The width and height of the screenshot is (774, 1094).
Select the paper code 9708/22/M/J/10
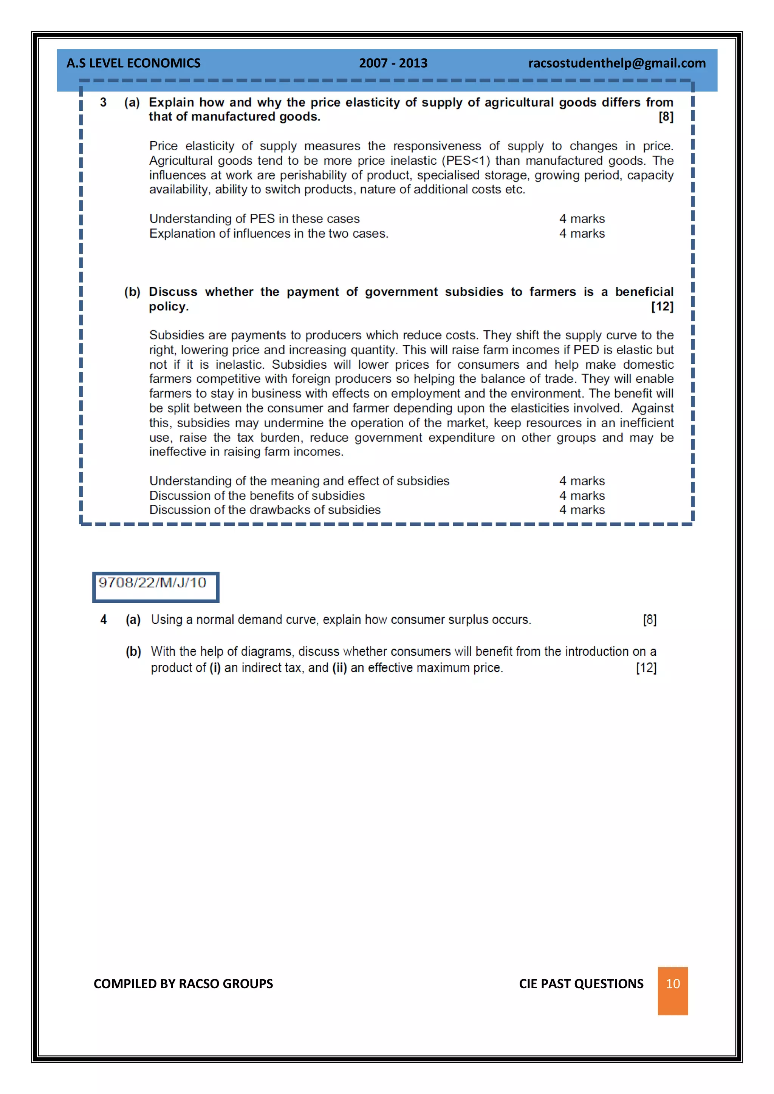(153, 583)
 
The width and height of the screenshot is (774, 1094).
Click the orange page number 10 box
(672, 984)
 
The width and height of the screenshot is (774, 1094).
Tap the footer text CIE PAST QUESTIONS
(581, 984)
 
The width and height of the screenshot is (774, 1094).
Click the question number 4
(104, 620)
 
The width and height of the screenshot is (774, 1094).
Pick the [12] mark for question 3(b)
(662, 306)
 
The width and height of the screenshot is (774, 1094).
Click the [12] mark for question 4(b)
(646, 668)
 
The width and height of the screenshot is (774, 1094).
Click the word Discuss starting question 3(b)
(173, 292)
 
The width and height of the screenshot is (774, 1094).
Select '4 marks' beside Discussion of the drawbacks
(582, 510)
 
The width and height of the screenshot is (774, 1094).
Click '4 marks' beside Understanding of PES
(582, 219)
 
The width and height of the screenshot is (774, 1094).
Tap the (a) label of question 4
(133, 620)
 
